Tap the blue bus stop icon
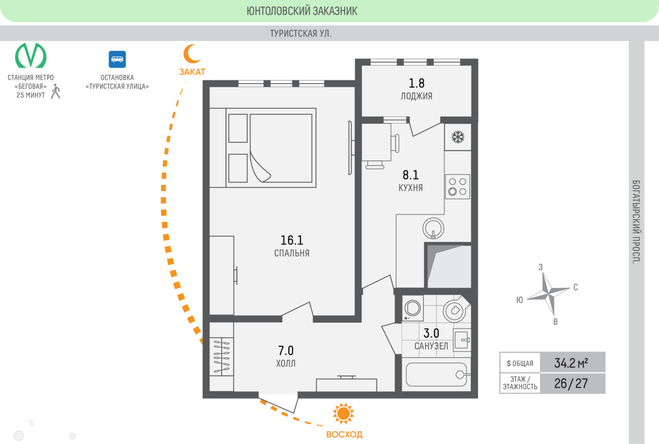pos(117,59)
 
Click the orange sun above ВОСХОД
pos(343,414)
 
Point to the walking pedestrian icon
pos(56,91)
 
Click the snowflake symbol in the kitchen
pos(458,137)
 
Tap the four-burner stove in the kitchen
pos(458,187)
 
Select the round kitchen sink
pos(433,228)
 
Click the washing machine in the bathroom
pos(413,308)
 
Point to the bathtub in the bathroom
pos(436,375)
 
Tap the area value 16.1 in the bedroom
pos(291,240)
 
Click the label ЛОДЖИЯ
pos(417,96)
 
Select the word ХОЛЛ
pos(286,363)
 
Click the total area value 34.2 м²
pos(571,363)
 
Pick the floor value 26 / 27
pos(571,383)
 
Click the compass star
pos(549,294)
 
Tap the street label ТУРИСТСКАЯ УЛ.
pos(301,33)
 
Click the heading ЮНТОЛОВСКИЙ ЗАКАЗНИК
pos(302,11)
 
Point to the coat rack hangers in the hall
pos(221,357)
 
